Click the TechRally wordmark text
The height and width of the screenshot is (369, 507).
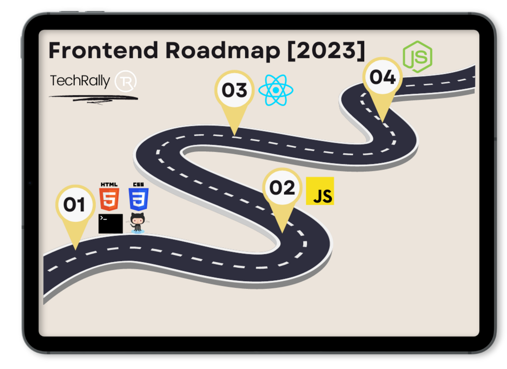80,81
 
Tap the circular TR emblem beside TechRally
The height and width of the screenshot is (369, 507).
126,81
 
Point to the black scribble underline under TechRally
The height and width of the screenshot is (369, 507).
93,98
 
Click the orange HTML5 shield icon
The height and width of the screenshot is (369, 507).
109,200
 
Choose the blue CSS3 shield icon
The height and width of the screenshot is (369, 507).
138,200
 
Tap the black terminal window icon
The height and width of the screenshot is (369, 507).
110,223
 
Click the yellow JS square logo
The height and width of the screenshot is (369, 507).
320,191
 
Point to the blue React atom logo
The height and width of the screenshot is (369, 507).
275,90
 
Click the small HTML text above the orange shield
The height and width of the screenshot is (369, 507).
109,184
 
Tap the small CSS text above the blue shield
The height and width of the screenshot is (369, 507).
138,184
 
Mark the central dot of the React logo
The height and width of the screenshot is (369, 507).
275,90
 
